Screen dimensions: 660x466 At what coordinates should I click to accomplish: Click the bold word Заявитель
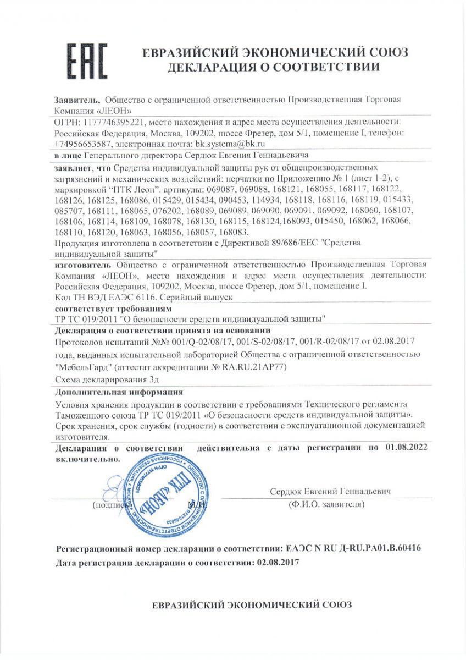click(x=77, y=100)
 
